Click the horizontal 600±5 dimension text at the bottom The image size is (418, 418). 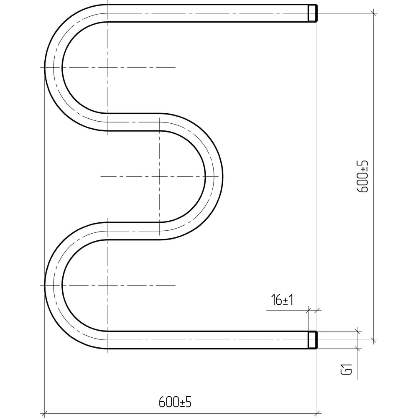pos(175,402)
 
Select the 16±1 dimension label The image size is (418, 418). pos(282,300)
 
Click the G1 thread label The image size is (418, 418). pos(347,369)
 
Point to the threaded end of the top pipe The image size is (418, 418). pos(313,13)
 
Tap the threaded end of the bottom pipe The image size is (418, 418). pos(313,340)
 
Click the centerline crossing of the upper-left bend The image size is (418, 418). pos(108,68)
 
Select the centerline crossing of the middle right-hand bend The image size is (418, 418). pos(160,176)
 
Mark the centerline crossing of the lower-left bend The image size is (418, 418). pos(108,285)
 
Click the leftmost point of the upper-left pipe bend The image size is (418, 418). pos(45,68)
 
